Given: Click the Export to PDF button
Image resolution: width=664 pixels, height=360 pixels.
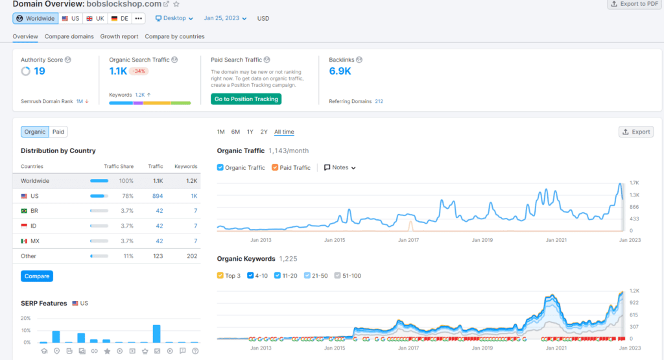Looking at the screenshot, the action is click(x=634, y=4).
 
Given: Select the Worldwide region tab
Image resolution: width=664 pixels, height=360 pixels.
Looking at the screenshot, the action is click(x=36, y=19).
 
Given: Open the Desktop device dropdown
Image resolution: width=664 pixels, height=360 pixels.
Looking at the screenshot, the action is click(x=174, y=18).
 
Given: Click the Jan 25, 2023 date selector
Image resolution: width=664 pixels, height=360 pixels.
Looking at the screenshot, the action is click(x=225, y=18).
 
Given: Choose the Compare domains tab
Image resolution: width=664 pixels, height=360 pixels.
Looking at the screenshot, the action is click(x=69, y=36).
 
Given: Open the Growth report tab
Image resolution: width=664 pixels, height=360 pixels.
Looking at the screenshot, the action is click(x=119, y=36).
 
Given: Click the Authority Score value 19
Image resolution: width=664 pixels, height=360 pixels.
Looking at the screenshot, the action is click(x=40, y=71).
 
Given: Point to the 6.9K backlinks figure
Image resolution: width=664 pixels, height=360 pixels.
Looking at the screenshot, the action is click(x=340, y=71).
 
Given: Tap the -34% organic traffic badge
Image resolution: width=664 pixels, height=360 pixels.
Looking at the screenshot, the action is click(x=139, y=71).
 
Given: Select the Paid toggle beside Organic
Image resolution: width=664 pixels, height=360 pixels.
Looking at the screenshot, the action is click(x=58, y=132).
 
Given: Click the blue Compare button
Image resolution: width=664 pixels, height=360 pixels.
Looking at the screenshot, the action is click(x=37, y=276).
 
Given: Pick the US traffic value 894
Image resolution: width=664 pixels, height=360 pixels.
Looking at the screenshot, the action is click(x=158, y=196).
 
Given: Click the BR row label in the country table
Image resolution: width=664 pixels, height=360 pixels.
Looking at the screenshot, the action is click(x=34, y=211).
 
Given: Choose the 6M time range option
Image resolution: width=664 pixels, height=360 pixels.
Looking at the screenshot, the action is click(x=235, y=132).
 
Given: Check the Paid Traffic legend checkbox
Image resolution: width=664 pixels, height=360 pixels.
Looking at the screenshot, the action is click(x=275, y=167).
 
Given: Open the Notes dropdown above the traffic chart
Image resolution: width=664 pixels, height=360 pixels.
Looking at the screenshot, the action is click(x=340, y=168).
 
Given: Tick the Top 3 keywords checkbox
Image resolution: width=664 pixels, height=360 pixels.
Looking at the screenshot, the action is click(x=220, y=275).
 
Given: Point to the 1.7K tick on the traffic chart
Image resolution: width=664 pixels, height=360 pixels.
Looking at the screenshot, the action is click(x=634, y=183).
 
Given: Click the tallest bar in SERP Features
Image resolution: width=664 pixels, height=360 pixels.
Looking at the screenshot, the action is click(x=157, y=334).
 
